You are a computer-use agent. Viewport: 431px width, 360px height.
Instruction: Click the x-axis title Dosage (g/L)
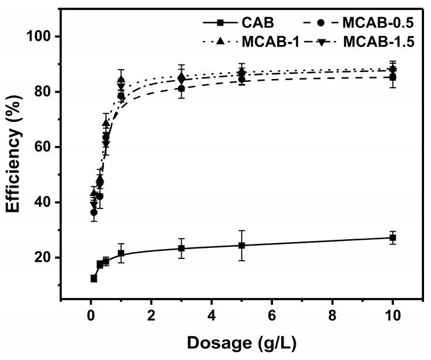pos(241,343)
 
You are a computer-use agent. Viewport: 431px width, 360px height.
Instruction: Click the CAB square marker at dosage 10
pos(393,237)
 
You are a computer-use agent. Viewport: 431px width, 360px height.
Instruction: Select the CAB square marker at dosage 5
pos(242,245)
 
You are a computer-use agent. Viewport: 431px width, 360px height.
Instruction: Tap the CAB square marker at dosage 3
pos(181,249)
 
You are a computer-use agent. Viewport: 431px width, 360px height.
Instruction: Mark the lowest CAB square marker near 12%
pos(94,279)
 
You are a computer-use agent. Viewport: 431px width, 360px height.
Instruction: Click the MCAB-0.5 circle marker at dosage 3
pos(181,89)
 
